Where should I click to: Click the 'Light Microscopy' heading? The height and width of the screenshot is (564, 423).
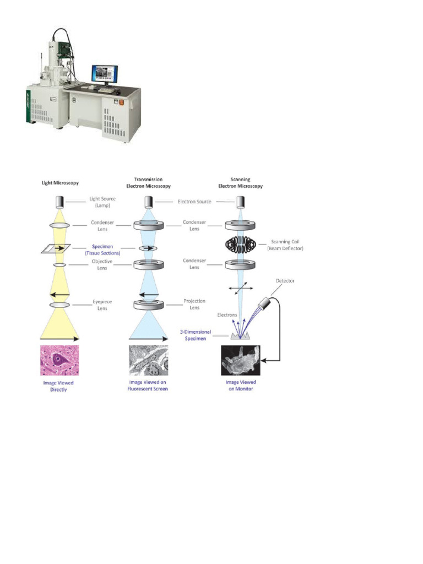point(59,182)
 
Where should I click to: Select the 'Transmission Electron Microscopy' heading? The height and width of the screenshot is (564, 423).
point(148,182)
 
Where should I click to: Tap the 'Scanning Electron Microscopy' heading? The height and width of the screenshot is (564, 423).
point(241,182)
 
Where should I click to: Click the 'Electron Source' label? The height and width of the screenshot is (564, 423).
point(194,202)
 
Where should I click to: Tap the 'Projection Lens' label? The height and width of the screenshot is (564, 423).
point(194,305)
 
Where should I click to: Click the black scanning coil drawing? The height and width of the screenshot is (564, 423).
point(240,244)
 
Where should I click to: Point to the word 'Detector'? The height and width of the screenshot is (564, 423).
point(285,281)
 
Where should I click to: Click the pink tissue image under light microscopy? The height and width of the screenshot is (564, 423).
point(59,360)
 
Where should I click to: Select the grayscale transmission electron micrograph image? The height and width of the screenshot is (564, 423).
point(148,360)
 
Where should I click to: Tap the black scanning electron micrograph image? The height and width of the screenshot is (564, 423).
point(240,360)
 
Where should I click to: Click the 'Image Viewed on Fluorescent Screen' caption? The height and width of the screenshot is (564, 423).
point(148,386)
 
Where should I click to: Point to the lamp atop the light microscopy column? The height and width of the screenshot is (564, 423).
point(59,202)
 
